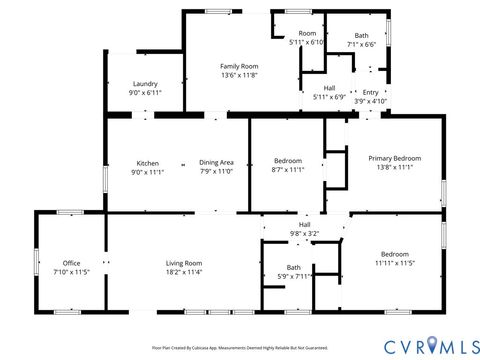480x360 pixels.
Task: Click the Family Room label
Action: (239, 66)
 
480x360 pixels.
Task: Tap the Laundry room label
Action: (145, 84)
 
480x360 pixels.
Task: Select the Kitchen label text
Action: (148, 163)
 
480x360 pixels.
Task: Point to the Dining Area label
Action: (216, 163)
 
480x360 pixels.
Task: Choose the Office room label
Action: (71, 263)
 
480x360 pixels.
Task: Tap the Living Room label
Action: (184, 263)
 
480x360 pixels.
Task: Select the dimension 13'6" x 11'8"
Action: (239, 75)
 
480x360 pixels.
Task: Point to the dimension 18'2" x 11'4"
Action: (184, 272)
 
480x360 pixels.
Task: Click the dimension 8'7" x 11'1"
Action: (289, 170)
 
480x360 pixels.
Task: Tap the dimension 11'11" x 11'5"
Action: (394, 263)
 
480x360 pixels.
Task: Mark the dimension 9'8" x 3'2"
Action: (304, 233)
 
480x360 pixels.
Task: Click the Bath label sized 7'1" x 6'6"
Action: (361, 35)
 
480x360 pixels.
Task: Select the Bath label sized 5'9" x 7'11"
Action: (294, 267)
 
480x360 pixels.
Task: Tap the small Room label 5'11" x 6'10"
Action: (307, 34)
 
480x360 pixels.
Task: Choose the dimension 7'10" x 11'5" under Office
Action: (71, 272)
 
